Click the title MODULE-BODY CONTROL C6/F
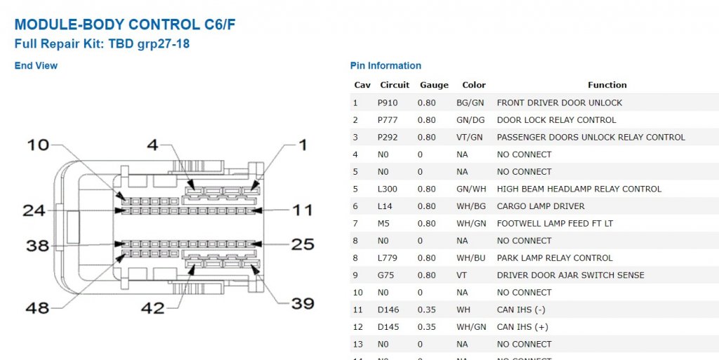pos(125,25)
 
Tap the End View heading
pos(37,65)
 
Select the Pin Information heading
pos(385,65)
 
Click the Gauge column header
pos(434,85)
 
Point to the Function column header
pos(607,85)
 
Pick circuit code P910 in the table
pos(388,103)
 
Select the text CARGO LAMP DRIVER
pos(541,206)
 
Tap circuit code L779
pos(388,258)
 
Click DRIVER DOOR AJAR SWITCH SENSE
pos(570,275)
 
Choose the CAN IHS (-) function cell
pos(521,309)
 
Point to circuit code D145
pos(388,327)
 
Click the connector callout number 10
pos(38,145)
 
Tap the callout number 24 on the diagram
pos(34,211)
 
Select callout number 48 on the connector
pos(37,308)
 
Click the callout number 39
pos(303,303)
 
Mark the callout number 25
pos(303,244)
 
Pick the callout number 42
pos(152,308)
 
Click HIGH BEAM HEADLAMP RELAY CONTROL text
pos(579,189)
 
